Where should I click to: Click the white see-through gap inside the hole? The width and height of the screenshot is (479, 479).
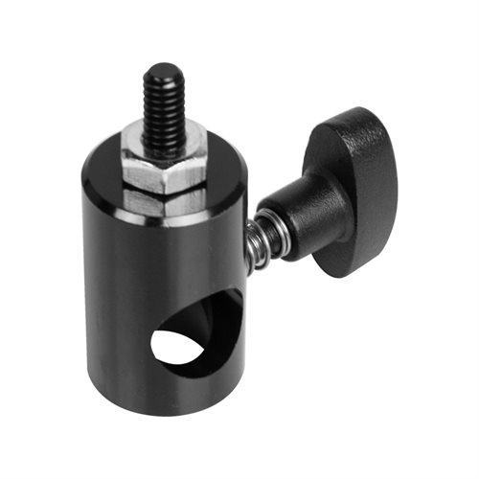coord(179,347)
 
